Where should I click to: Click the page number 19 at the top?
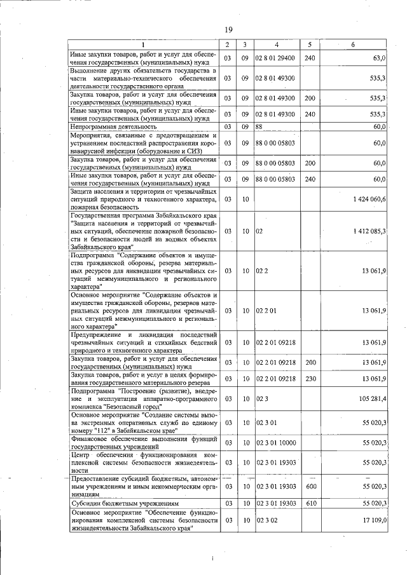pos(228,29)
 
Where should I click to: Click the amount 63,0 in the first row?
pos(379,58)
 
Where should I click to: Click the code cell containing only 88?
pos(259,127)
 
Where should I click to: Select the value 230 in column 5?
pos(310,379)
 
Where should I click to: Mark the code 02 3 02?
pos(266,521)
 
